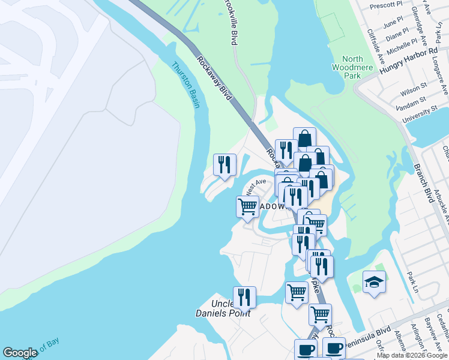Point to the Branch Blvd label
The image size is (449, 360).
click(423, 182)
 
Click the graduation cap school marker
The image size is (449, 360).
click(374, 282)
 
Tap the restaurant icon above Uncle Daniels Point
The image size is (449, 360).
click(244, 296)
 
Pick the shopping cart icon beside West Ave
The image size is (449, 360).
click(247, 207)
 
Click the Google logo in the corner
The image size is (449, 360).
click(20, 353)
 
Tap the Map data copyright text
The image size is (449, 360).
click(411, 355)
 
